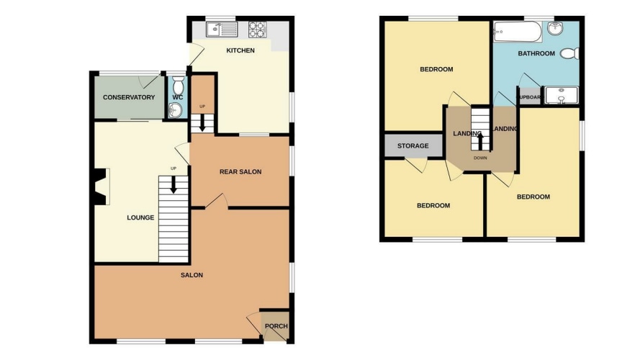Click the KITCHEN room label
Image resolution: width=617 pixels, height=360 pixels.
point(240,50)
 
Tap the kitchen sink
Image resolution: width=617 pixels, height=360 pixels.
point(222,29)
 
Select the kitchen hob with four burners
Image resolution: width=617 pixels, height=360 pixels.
point(257,30)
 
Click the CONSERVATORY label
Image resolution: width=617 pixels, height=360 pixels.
point(129,97)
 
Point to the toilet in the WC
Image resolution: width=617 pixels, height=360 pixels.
point(179,84)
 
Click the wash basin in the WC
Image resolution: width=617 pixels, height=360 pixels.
point(175,109)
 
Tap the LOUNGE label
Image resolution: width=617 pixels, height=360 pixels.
point(140,217)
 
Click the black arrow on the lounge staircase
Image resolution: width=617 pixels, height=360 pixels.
point(173,185)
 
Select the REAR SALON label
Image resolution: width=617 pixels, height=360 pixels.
point(240,171)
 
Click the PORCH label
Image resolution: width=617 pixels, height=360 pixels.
point(276,325)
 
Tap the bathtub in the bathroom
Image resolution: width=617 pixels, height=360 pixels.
point(518,32)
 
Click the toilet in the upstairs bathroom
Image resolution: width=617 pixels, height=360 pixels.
point(569,53)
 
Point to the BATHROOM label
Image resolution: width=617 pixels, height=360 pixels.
point(536,53)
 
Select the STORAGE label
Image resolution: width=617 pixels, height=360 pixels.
point(413,146)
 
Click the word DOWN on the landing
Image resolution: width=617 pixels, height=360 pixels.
point(480,158)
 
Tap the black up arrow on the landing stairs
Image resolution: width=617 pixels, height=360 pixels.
point(480,142)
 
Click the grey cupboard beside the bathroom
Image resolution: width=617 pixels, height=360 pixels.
point(530,96)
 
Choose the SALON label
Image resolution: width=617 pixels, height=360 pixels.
point(192,275)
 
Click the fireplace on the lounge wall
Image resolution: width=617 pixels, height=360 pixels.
point(102,186)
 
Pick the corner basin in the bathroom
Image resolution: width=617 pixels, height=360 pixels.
point(555,28)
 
